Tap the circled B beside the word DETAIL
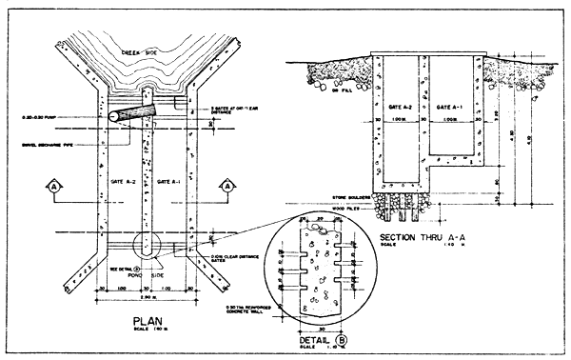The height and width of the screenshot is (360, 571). (349, 338)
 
